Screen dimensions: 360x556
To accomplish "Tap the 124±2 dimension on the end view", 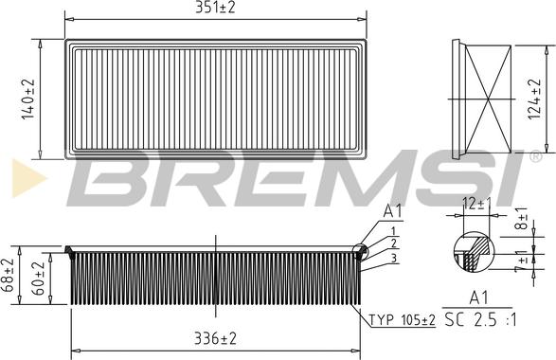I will (x=536, y=98).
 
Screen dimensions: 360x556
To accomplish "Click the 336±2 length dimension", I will (x=215, y=338).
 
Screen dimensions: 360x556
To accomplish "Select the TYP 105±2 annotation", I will (x=402, y=320).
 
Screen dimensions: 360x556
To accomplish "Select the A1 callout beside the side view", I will (x=393, y=210).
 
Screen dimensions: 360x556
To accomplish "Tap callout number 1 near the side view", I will (x=393, y=230).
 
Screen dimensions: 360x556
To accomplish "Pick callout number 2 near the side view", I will (x=393, y=243).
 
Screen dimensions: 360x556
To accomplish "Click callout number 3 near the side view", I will (x=393, y=258).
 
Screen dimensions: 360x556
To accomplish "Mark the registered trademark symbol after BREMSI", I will (x=535, y=154).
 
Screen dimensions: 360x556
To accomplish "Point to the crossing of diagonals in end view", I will (x=491, y=98).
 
